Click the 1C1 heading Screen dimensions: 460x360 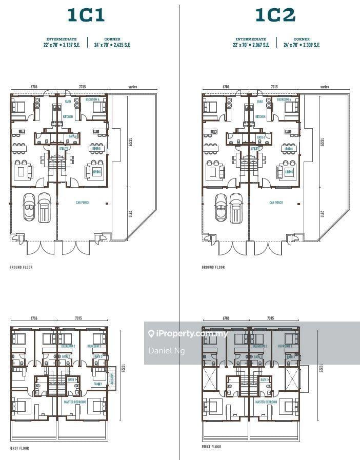(x=86, y=15)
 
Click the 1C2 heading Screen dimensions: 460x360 (x=275, y=15)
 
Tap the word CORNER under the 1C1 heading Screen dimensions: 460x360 (x=112, y=39)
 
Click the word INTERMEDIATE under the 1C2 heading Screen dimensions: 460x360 (x=251, y=39)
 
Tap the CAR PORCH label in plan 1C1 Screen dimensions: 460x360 (x=83, y=203)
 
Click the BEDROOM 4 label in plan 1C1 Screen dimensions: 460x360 (x=92, y=99)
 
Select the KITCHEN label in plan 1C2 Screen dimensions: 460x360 (x=260, y=117)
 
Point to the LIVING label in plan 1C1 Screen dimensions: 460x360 (x=96, y=171)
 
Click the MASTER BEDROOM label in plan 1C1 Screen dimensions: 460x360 (x=74, y=402)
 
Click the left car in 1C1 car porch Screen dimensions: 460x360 (x=29, y=207)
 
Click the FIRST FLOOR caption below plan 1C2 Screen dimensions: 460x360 (x=212, y=447)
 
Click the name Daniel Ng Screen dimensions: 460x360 (x=167, y=351)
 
